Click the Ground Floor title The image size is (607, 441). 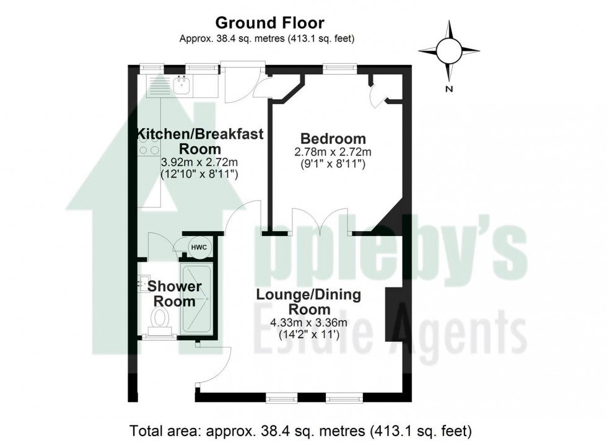(x=269, y=24)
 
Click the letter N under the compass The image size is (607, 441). (x=449, y=89)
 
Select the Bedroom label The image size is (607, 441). (x=333, y=138)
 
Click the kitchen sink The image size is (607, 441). (x=182, y=85)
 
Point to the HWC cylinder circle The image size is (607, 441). (x=198, y=248)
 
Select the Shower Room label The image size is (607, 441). (x=174, y=294)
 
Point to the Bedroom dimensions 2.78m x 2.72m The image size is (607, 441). (x=333, y=152)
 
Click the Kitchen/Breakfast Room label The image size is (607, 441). (x=200, y=141)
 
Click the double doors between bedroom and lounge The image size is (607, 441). (x=320, y=222)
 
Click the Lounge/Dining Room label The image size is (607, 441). (x=308, y=302)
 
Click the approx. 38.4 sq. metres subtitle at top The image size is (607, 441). (x=269, y=38)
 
